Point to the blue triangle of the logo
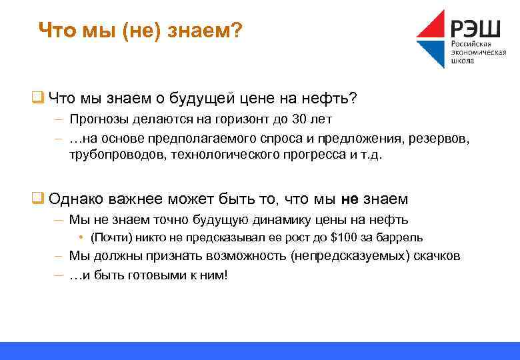pos(431,53)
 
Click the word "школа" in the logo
pos(464,61)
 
